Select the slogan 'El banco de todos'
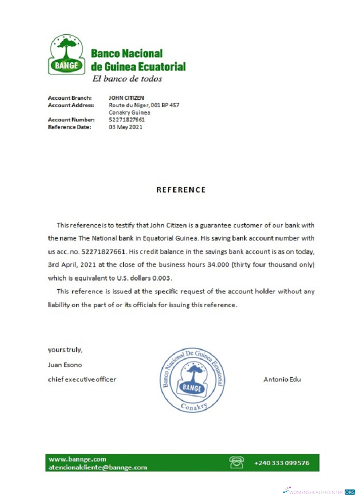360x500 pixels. [x=127, y=78]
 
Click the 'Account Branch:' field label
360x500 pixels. [x=69, y=98]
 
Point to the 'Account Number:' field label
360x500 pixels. [x=71, y=120]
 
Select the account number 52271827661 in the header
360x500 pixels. [x=127, y=120]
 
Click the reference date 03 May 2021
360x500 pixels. [x=125, y=127]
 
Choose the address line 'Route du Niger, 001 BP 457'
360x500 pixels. [x=144, y=105]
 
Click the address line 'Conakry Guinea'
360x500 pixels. [x=129, y=112]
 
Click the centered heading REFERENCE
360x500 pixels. [x=180, y=190]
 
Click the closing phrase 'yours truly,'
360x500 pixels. [x=65, y=349]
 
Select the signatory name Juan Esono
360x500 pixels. [x=64, y=364]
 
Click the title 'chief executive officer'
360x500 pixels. [x=82, y=379]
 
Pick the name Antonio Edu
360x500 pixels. [x=282, y=379]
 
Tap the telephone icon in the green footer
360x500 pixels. [x=236, y=462]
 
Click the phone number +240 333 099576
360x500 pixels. [x=281, y=463]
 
